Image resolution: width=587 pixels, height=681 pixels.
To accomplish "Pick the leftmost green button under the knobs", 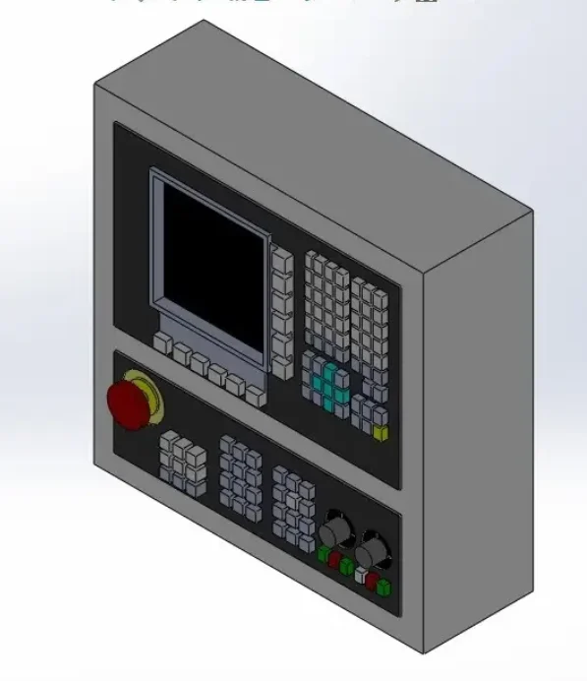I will click(323, 553).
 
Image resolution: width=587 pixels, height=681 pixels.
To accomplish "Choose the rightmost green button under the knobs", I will click(383, 588).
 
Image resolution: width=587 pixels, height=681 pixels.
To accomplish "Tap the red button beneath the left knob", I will click(334, 560).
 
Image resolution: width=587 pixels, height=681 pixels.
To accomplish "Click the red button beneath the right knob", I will click(372, 582).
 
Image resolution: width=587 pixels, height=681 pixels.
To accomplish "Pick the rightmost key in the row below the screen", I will click(256, 396).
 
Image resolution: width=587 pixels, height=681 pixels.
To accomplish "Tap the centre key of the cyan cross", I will click(329, 387).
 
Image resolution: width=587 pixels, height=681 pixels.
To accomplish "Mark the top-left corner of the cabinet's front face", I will click(94, 85).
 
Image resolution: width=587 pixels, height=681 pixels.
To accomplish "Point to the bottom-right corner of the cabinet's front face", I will click(425, 652).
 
